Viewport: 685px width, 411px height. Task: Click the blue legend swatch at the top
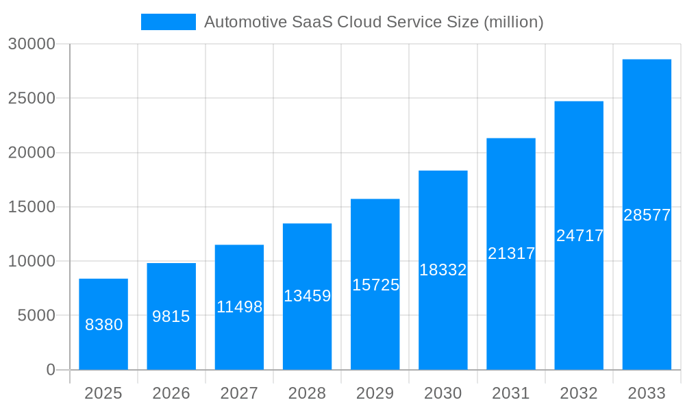[x=168, y=22]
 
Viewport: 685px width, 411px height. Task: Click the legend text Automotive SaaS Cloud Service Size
[x=373, y=22]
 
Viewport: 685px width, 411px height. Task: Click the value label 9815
[x=171, y=316]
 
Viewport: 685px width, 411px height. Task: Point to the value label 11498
[x=239, y=307]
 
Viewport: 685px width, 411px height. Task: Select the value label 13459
[x=307, y=296]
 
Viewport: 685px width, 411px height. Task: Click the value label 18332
[x=443, y=270]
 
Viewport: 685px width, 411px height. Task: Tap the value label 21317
[x=511, y=253]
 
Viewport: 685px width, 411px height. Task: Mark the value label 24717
[x=580, y=236]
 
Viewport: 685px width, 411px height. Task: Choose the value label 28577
[x=647, y=215]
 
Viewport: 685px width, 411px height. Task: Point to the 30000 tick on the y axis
[x=31, y=44]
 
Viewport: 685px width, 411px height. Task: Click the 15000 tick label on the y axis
[x=31, y=207]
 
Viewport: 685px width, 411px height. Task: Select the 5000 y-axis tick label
[x=35, y=315]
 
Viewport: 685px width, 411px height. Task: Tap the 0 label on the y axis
[x=51, y=370]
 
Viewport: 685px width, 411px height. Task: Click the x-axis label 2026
[x=171, y=393]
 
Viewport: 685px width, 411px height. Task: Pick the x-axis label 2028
[x=307, y=393]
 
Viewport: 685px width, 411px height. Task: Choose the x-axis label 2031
[x=511, y=393]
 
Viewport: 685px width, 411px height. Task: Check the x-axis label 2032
[x=579, y=393]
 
